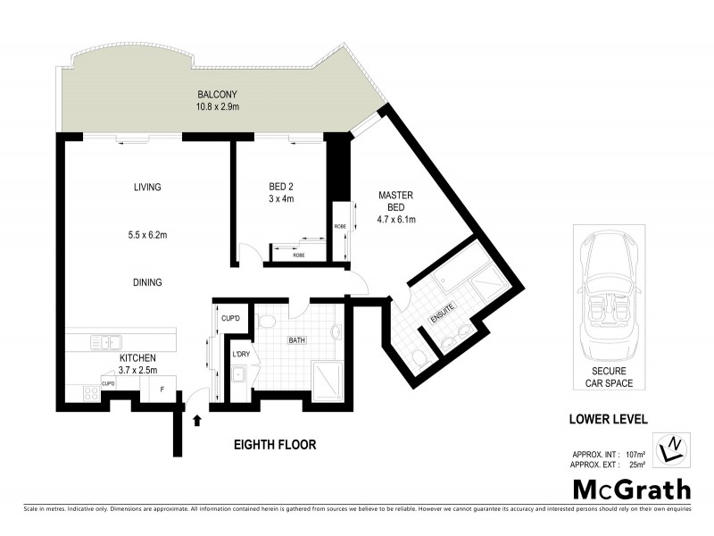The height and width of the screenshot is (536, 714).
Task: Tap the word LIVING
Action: coord(147,187)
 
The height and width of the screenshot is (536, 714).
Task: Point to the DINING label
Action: coord(147,282)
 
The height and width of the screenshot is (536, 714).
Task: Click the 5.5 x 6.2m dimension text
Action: coord(147,237)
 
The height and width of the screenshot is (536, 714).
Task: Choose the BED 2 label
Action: coord(282,187)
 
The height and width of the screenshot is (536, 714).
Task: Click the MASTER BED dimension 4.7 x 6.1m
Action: coord(394,219)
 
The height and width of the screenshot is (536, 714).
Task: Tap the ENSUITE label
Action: coord(443,314)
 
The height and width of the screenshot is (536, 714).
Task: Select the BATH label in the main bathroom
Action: coord(296,340)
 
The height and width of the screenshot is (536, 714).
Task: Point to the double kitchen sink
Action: coord(105,341)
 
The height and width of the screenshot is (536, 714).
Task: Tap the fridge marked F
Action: coord(162,389)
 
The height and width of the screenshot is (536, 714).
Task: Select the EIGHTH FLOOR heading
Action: coord(275,444)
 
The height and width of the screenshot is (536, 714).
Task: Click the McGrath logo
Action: coord(631,490)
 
